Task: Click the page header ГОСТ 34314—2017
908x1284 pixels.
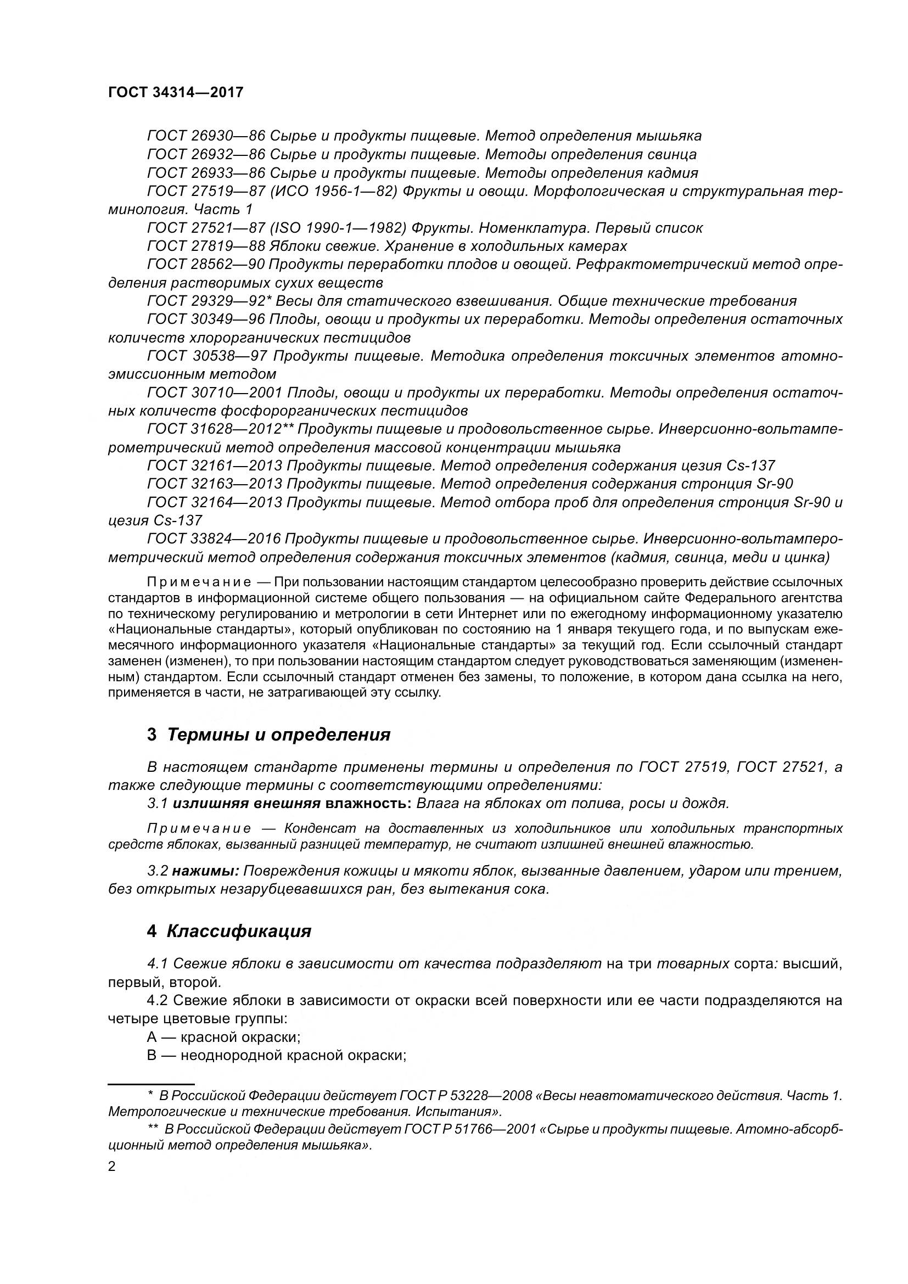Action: [176, 92]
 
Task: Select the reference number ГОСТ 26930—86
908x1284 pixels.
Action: [206, 136]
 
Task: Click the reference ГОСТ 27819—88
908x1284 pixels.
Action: [206, 246]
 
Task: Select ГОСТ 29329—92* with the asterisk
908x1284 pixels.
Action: [209, 301]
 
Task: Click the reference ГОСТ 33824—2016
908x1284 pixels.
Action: [213, 539]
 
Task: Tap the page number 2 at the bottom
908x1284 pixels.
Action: [112, 1167]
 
